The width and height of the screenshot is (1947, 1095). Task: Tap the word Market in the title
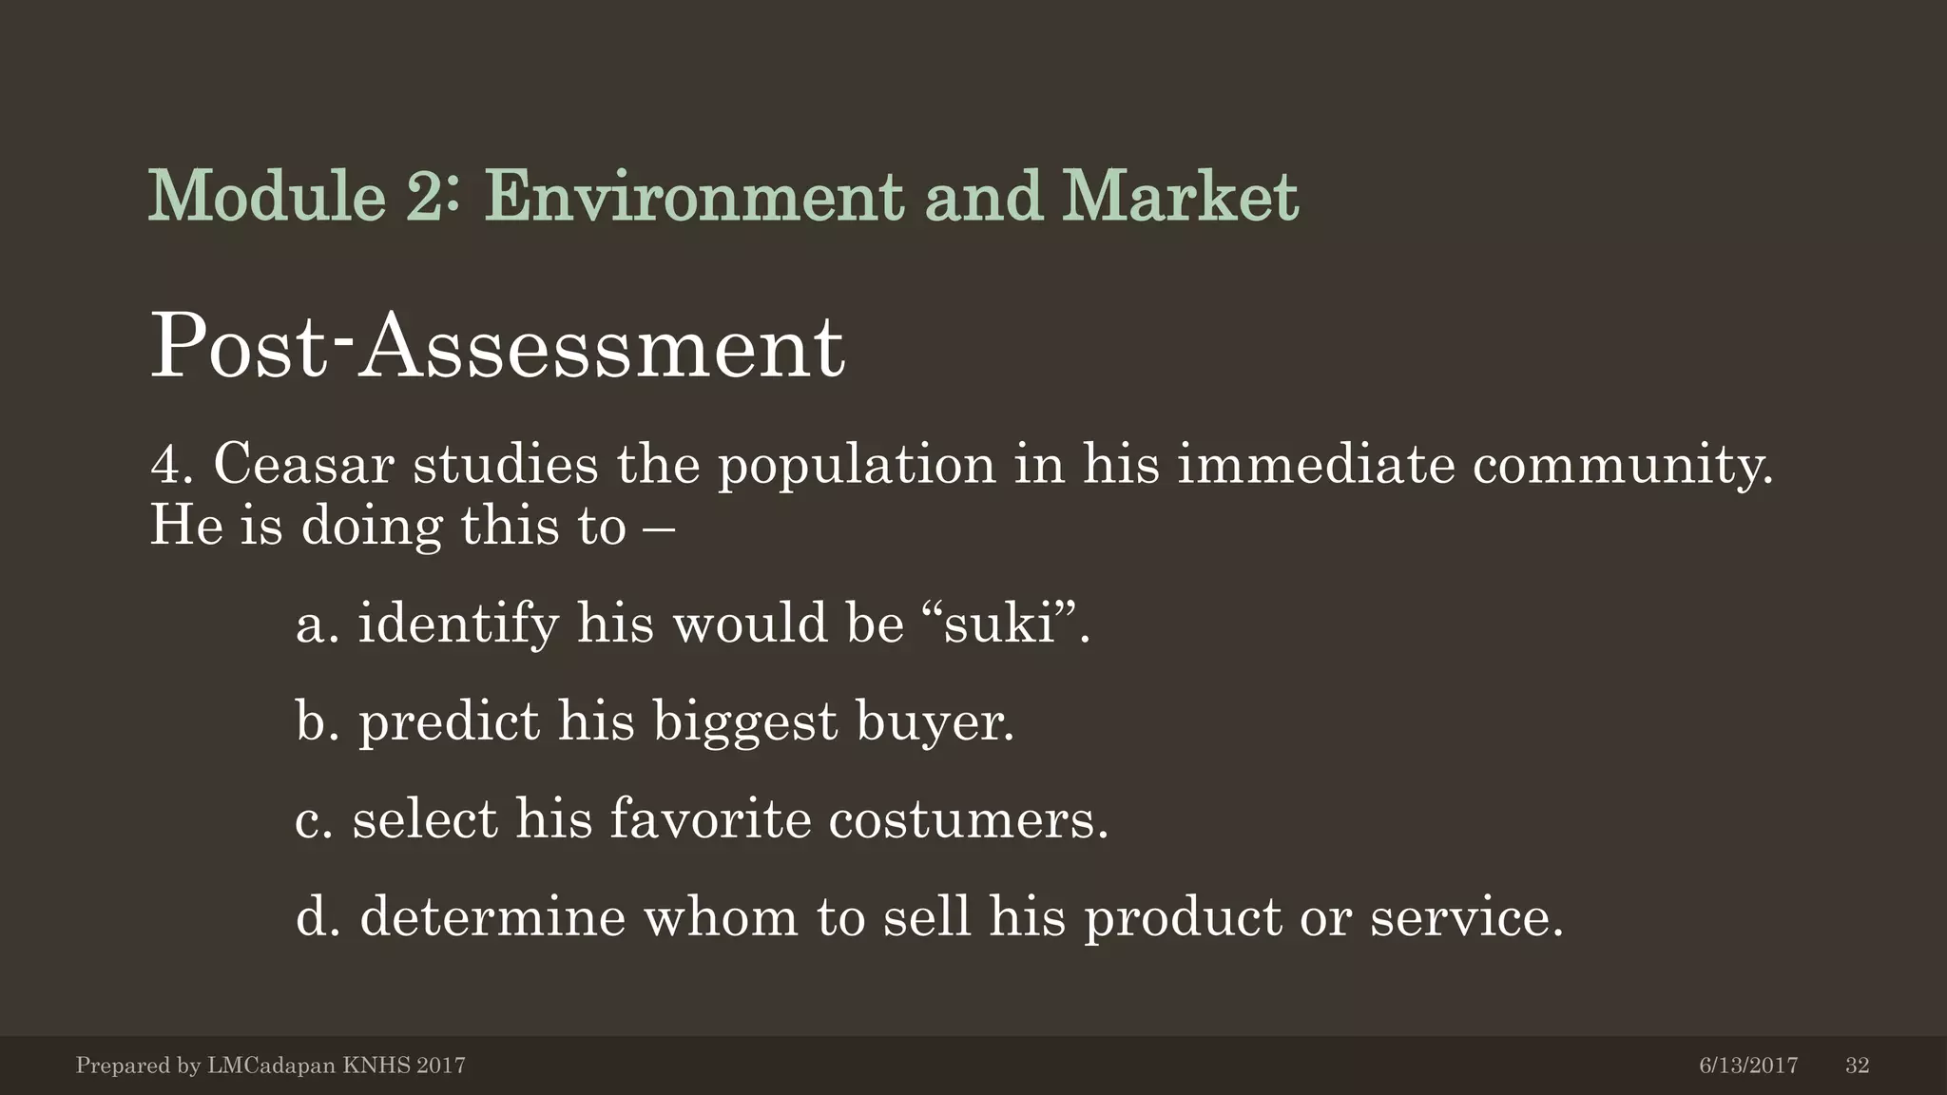point(1180,197)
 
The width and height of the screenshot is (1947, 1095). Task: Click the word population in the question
point(856,465)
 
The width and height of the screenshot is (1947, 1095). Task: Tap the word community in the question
point(1622,465)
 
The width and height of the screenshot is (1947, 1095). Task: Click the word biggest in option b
point(744,723)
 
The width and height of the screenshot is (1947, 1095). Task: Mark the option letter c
point(313,819)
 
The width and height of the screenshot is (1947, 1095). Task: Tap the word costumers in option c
point(967,819)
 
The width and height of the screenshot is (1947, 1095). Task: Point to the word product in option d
point(1183,919)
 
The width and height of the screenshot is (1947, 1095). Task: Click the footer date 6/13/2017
point(1748,1066)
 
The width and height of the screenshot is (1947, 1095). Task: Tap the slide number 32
point(1857,1066)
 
